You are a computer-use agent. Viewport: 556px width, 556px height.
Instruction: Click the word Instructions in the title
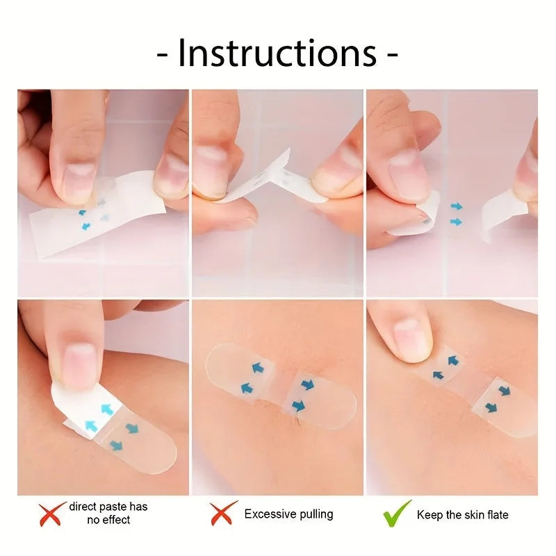click(277, 54)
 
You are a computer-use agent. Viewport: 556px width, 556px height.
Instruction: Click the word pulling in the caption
click(316, 515)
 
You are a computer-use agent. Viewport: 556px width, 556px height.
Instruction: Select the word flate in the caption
click(496, 515)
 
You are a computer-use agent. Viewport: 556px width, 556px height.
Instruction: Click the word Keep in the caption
click(430, 515)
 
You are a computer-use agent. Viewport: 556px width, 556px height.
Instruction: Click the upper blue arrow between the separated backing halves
click(456, 206)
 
